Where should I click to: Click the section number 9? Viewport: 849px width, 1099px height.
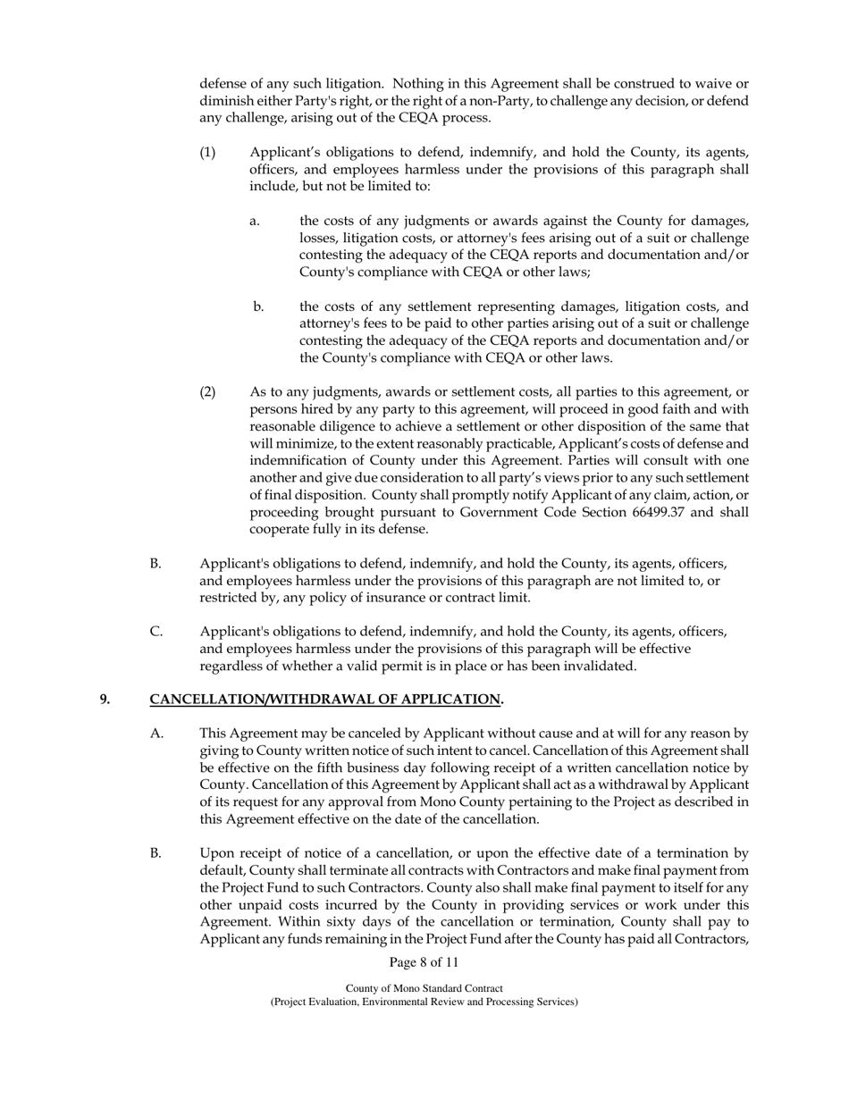(105, 699)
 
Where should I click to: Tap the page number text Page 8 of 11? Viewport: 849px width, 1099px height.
(424, 962)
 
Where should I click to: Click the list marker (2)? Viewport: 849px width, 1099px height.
(207, 392)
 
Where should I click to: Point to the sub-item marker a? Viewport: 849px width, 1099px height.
(255, 221)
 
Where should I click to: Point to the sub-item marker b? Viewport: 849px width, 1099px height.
(258, 306)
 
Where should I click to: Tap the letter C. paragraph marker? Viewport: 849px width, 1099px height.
(156, 632)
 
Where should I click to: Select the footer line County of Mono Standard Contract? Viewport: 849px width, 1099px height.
(424, 988)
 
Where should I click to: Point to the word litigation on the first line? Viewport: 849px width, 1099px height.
(333, 84)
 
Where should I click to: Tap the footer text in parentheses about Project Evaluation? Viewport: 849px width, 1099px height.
(424, 1002)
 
